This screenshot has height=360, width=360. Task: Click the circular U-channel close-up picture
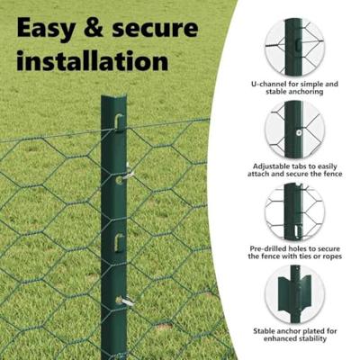click(x=293, y=44)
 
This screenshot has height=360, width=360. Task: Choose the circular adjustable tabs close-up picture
click(x=293, y=129)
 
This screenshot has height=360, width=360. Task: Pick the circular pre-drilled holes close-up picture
click(x=293, y=212)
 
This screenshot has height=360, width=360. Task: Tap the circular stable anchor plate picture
click(x=293, y=296)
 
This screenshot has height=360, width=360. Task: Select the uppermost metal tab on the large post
click(x=119, y=121)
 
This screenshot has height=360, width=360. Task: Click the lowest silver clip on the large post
click(x=127, y=301)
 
